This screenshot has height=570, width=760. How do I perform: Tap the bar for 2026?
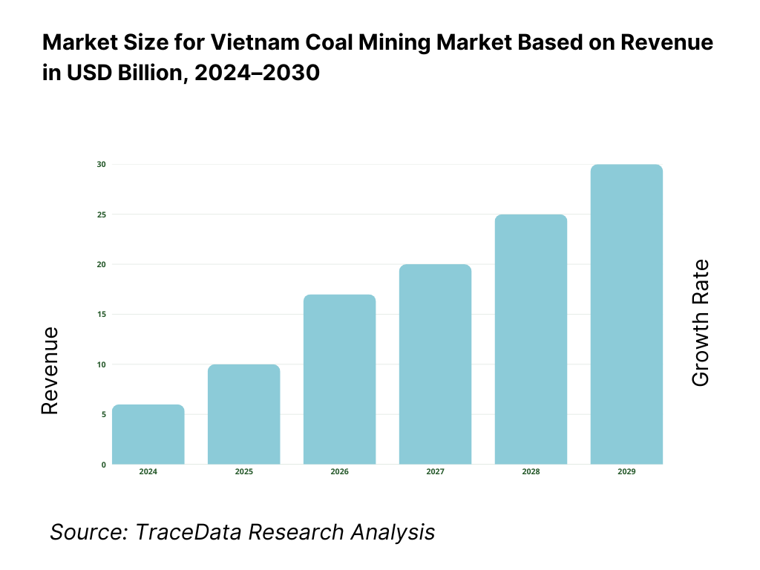(x=340, y=379)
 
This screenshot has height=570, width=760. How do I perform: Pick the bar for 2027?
(x=435, y=364)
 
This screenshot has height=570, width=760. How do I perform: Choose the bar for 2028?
(x=531, y=339)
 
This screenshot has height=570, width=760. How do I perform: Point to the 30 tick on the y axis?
(x=101, y=164)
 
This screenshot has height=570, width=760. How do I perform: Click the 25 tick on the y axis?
(x=101, y=214)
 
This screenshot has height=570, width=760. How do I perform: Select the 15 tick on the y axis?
(x=101, y=314)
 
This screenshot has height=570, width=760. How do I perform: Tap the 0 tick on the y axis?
(x=103, y=465)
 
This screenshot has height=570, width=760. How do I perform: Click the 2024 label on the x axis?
(x=148, y=472)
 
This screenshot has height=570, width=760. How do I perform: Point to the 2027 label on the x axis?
(x=435, y=472)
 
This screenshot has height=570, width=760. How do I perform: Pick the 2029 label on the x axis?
(x=626, y=472)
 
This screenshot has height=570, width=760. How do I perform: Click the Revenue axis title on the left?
(x=50, y=370)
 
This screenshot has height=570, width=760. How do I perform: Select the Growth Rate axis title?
(x=700, y=323)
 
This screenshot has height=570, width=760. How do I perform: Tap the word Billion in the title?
(x=148, y=73)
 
